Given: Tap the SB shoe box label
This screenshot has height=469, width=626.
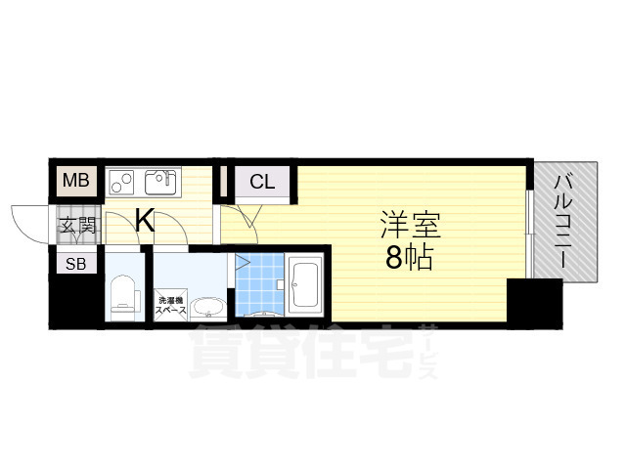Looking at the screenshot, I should [74, 263].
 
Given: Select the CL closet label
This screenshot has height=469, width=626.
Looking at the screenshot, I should [261, 181].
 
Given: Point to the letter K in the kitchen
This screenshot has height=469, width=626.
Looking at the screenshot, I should [144, 221].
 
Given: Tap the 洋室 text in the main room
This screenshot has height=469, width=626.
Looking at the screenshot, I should [410, 226].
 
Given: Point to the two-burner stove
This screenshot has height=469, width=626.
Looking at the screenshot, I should [122, 181].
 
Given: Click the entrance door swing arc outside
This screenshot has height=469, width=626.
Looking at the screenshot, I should [27, 219].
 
